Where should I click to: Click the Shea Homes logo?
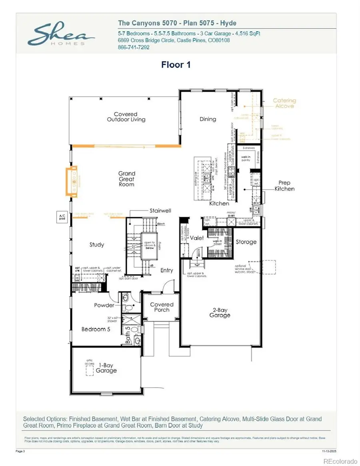(x=56, y=35)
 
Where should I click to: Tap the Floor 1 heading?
(x=176, y=65)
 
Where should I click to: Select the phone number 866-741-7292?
(x=134, y=47)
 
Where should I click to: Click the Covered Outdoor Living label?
(x=126, y=117)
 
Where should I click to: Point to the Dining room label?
(x=208, y=119)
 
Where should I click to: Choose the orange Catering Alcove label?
(x=284, y=103)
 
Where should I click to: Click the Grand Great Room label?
(x=126, y=179)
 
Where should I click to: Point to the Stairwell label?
(x=161, y=210)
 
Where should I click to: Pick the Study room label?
(x=97, y=244)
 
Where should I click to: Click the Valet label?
(x=196, y=238)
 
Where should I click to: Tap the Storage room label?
(x=246, y=242)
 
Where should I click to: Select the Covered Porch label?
(x=162, y=307)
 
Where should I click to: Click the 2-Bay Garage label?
(x=220, y=312)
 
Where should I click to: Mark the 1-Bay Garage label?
(x=106, y=368)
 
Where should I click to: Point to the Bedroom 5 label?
(x=96, y=329)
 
